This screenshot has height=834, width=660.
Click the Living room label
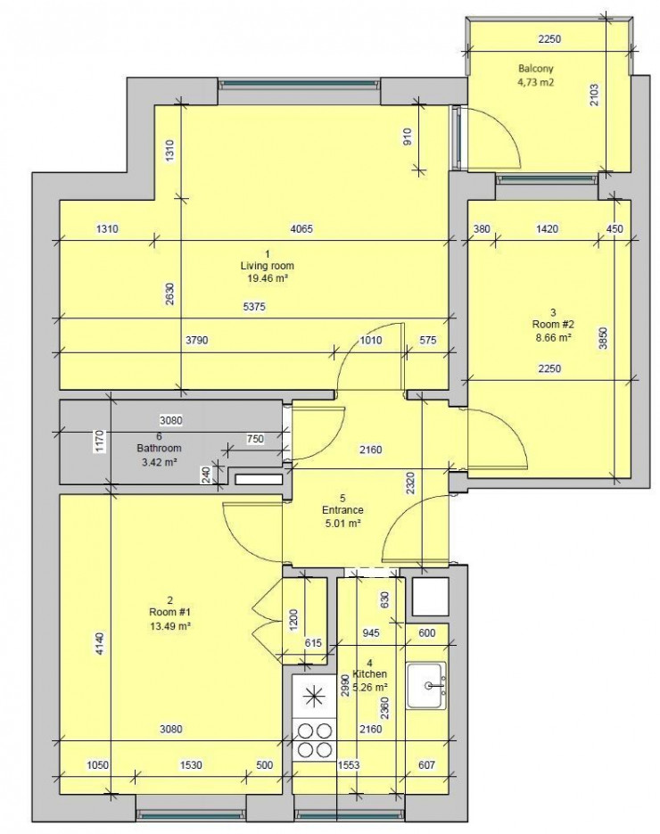(267, 266)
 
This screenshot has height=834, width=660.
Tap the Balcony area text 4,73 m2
(537, 82)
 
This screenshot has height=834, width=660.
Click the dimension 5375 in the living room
(257, 307)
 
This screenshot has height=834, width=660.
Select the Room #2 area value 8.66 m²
(553, 339)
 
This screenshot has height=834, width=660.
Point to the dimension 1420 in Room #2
(547, 229)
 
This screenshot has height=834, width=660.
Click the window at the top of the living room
(299, 85)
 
